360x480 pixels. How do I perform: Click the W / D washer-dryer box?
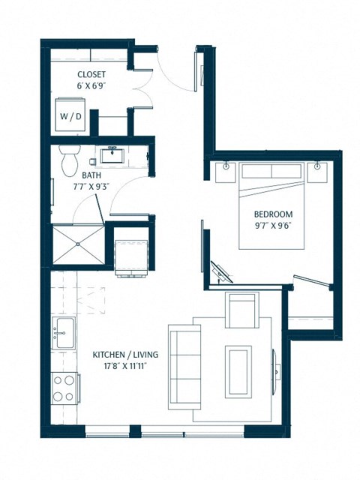pos(73,116)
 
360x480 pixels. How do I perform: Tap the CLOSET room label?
pos(91,74)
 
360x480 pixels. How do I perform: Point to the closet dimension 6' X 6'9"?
pos(91,86)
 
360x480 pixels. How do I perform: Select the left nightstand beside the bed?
pos(225,172)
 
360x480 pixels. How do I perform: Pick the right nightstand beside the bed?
pos(319,172)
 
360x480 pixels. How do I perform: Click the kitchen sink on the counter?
pos(63,331)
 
